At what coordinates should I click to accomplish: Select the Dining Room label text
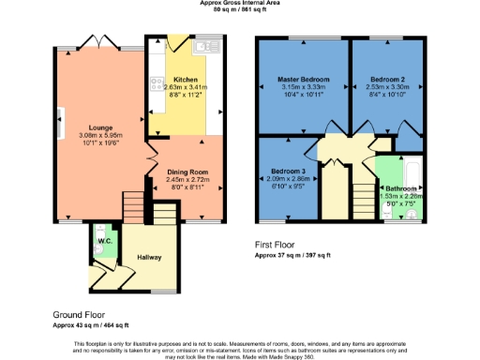tap(187, 172)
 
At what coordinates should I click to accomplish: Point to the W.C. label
tap(104, 239)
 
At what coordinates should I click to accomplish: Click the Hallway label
tap(150, 255)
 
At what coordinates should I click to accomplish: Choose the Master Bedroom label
tap(302, 79)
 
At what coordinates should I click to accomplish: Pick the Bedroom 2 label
tap(385, 79)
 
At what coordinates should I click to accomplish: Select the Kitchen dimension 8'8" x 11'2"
tap(184, 96)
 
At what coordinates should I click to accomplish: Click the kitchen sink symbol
tap(202, 47)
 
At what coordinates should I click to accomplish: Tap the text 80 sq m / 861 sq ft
tap(239, 10)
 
